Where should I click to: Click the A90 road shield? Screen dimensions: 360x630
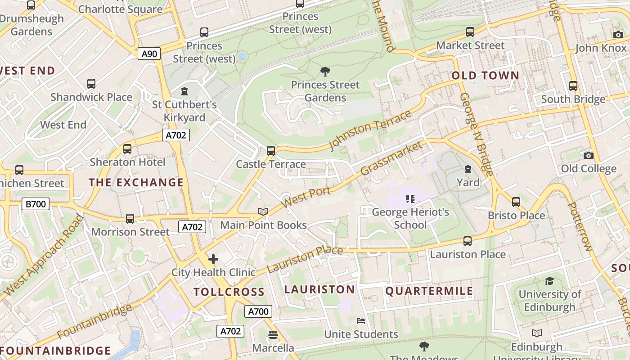(149, 54)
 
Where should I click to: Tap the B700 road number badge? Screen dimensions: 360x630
(36, 204)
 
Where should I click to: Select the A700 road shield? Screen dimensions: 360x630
(258, 311)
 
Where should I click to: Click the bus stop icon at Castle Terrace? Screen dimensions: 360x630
(271, 151)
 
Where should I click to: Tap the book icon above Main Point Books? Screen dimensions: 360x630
(263, 211)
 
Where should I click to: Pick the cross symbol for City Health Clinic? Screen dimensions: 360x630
(213, 259)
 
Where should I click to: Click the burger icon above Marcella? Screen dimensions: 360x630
(273, 335)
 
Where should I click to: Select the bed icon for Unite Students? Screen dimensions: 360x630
(361, 321)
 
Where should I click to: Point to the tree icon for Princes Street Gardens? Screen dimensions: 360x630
(325, 71)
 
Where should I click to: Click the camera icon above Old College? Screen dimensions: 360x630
(588, 155)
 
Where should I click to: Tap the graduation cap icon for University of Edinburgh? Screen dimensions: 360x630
(549, 281)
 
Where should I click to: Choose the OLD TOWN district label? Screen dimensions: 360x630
(485, 76)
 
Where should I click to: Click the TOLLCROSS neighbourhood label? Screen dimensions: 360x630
(229, 292)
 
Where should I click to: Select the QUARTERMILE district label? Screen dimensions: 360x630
(429, 291)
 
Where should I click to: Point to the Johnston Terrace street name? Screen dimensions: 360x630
(370, 130)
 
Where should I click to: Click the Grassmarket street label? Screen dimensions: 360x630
(391, 158)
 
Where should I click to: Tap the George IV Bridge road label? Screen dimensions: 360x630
(477, 135)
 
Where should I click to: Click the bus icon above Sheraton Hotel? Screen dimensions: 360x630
(127, 149)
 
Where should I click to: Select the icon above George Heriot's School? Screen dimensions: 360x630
(410, 198)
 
